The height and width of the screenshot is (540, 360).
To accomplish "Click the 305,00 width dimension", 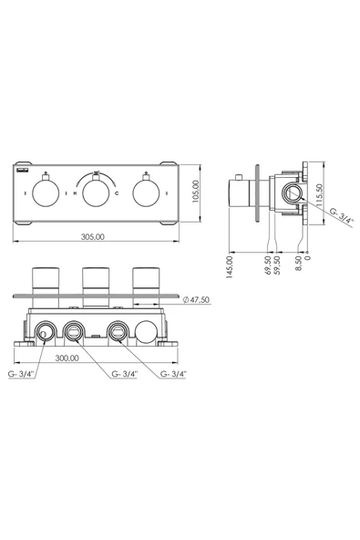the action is pyautogui.click(x=93, y=236).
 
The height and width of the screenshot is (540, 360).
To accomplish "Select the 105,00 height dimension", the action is pyautogui.click(x=195, y=192).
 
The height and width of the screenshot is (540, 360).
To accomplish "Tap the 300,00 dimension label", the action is pyautogui.click(x=67, y=358).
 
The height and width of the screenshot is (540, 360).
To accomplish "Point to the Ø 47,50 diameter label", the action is pyautogui.click(x=196, y=299).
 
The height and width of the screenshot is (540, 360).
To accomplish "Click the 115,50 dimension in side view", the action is pyautogui.click(x=320, y=194).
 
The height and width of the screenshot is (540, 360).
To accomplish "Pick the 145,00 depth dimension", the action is pyautogui.click(x=231, y=266).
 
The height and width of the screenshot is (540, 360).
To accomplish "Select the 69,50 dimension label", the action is pyautogui.click(x=268, y=265).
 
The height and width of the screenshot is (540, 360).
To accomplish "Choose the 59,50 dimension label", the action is pyautogui.click(x=277, y=265).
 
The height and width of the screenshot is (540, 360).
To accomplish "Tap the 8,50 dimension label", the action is pyautogui.click(x=299, y=263).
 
